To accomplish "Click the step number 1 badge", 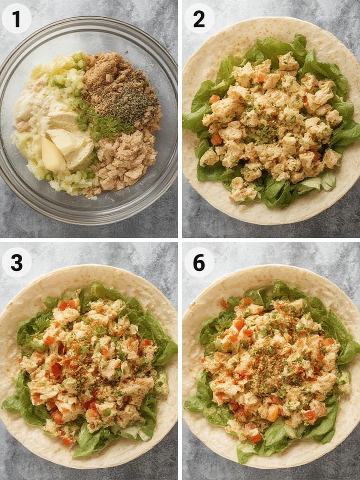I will [x=16, y=19].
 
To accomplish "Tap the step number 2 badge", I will [x=199, y=19].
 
